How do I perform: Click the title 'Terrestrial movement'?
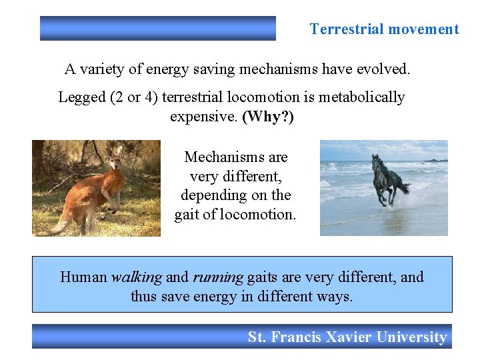point(384,29)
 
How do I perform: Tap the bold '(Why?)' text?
point(268,117)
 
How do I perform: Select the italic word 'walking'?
point(137,277)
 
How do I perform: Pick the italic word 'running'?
point(218,277)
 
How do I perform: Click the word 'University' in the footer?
point(411,337)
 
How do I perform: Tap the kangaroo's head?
point(117,157)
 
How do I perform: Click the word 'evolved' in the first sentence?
point(385,69)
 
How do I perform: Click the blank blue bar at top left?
point(157,29)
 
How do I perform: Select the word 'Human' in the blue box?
point(83,277)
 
